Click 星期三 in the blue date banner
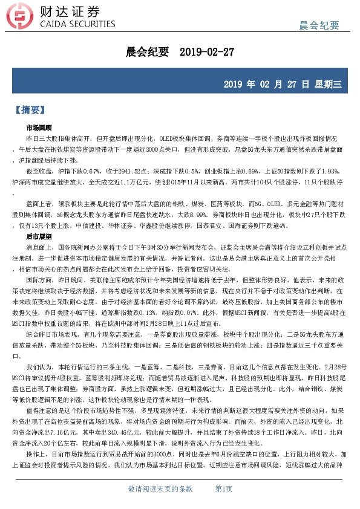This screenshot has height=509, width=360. pos(330,83)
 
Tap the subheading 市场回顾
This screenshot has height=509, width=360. pos(39,128)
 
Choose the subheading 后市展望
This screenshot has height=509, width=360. pos(39,236)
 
